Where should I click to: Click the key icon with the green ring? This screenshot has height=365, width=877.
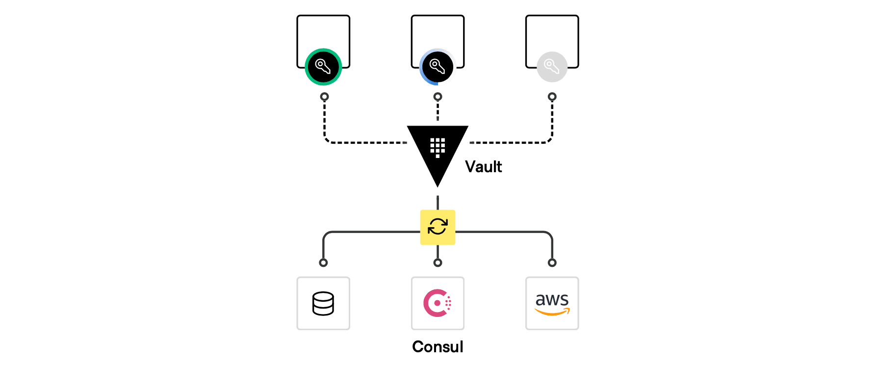click(x=323, y=67)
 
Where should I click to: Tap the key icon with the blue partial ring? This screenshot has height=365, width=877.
click(x=438, y=67)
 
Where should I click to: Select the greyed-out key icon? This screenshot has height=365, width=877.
click(x=552, y=67)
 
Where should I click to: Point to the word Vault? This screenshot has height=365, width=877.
click(x=483, y=167)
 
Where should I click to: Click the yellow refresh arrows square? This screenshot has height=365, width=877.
click(x=438, y=227)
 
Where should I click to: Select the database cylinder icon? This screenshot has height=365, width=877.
click(x=323, y=303)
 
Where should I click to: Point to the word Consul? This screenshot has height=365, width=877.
click(x=438, y=347)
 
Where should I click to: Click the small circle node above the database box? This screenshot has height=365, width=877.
click(x=323, y=263)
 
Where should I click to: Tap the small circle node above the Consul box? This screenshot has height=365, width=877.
click(x=438, y=263)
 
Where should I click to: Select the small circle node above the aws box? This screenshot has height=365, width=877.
click(x=552, y=263)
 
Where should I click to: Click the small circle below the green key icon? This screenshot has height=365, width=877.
click(x=324, y=97)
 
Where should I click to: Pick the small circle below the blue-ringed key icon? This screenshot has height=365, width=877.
click(x=438, y=97)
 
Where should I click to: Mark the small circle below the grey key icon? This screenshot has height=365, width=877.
click(x=552, y=97)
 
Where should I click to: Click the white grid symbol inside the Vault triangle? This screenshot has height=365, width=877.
click(x=438, y=147)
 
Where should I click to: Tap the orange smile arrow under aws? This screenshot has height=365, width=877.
click(x=552, y=312)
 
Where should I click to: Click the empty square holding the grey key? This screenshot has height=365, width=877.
click(x=552, y=34)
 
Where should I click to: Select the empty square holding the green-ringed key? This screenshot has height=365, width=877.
click(x=323, y=32)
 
